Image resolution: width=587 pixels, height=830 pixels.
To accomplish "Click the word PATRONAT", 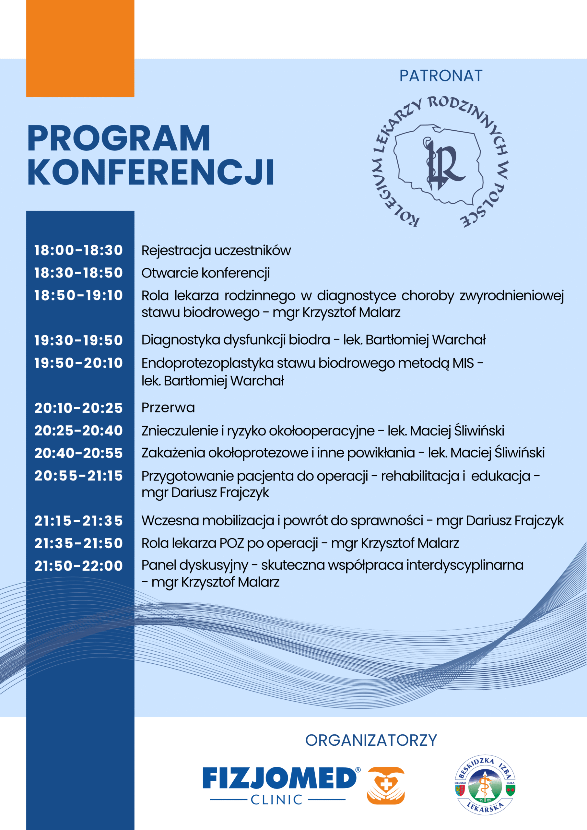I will pos(440,76).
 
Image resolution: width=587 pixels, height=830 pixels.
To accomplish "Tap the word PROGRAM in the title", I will pos(119,138).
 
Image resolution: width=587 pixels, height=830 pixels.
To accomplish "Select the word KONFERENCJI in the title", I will pos(151,172).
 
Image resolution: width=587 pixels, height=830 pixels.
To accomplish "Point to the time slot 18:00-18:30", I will pos(78,250).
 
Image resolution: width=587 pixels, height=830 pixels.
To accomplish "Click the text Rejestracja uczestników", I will pos(216,251).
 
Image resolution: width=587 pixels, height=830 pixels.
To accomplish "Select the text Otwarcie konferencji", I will pos(205,273).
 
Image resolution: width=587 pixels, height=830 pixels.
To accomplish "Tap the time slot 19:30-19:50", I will pos(78,340).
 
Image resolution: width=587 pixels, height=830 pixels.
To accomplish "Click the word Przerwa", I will pos(168,408).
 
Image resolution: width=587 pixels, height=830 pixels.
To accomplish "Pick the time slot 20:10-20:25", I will pos(78,408).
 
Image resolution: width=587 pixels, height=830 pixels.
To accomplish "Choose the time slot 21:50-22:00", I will pos(78,566).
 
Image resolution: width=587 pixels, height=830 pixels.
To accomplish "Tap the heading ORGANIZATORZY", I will pos(371,741).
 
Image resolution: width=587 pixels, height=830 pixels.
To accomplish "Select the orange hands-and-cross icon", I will pos(386,786).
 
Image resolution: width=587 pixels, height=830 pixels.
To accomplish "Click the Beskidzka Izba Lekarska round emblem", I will pos(485,785).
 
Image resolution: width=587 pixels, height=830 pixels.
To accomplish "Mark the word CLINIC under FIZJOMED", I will pos(276,800).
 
